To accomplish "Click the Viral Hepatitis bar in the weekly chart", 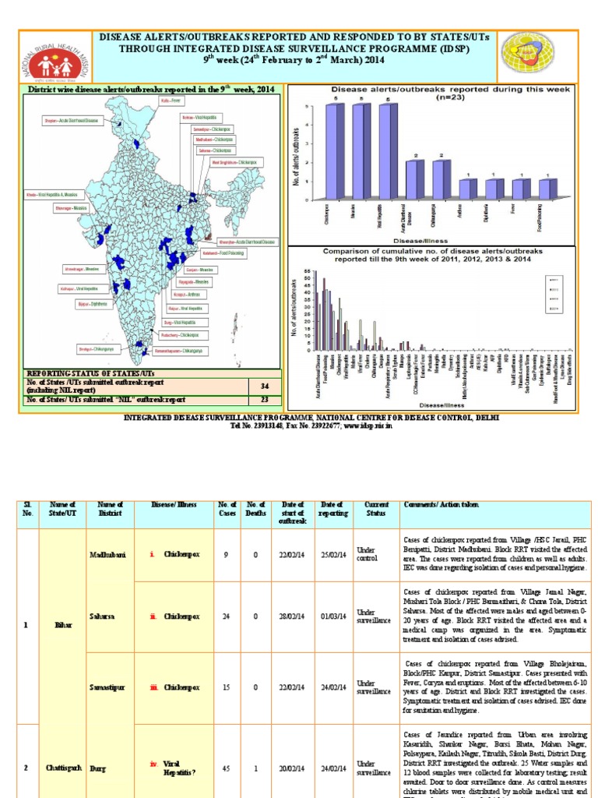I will [385, 153].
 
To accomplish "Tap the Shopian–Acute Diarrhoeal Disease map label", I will [73, 121].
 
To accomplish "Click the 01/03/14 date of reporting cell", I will [332, 616].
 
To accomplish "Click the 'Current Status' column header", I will [377, 509].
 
